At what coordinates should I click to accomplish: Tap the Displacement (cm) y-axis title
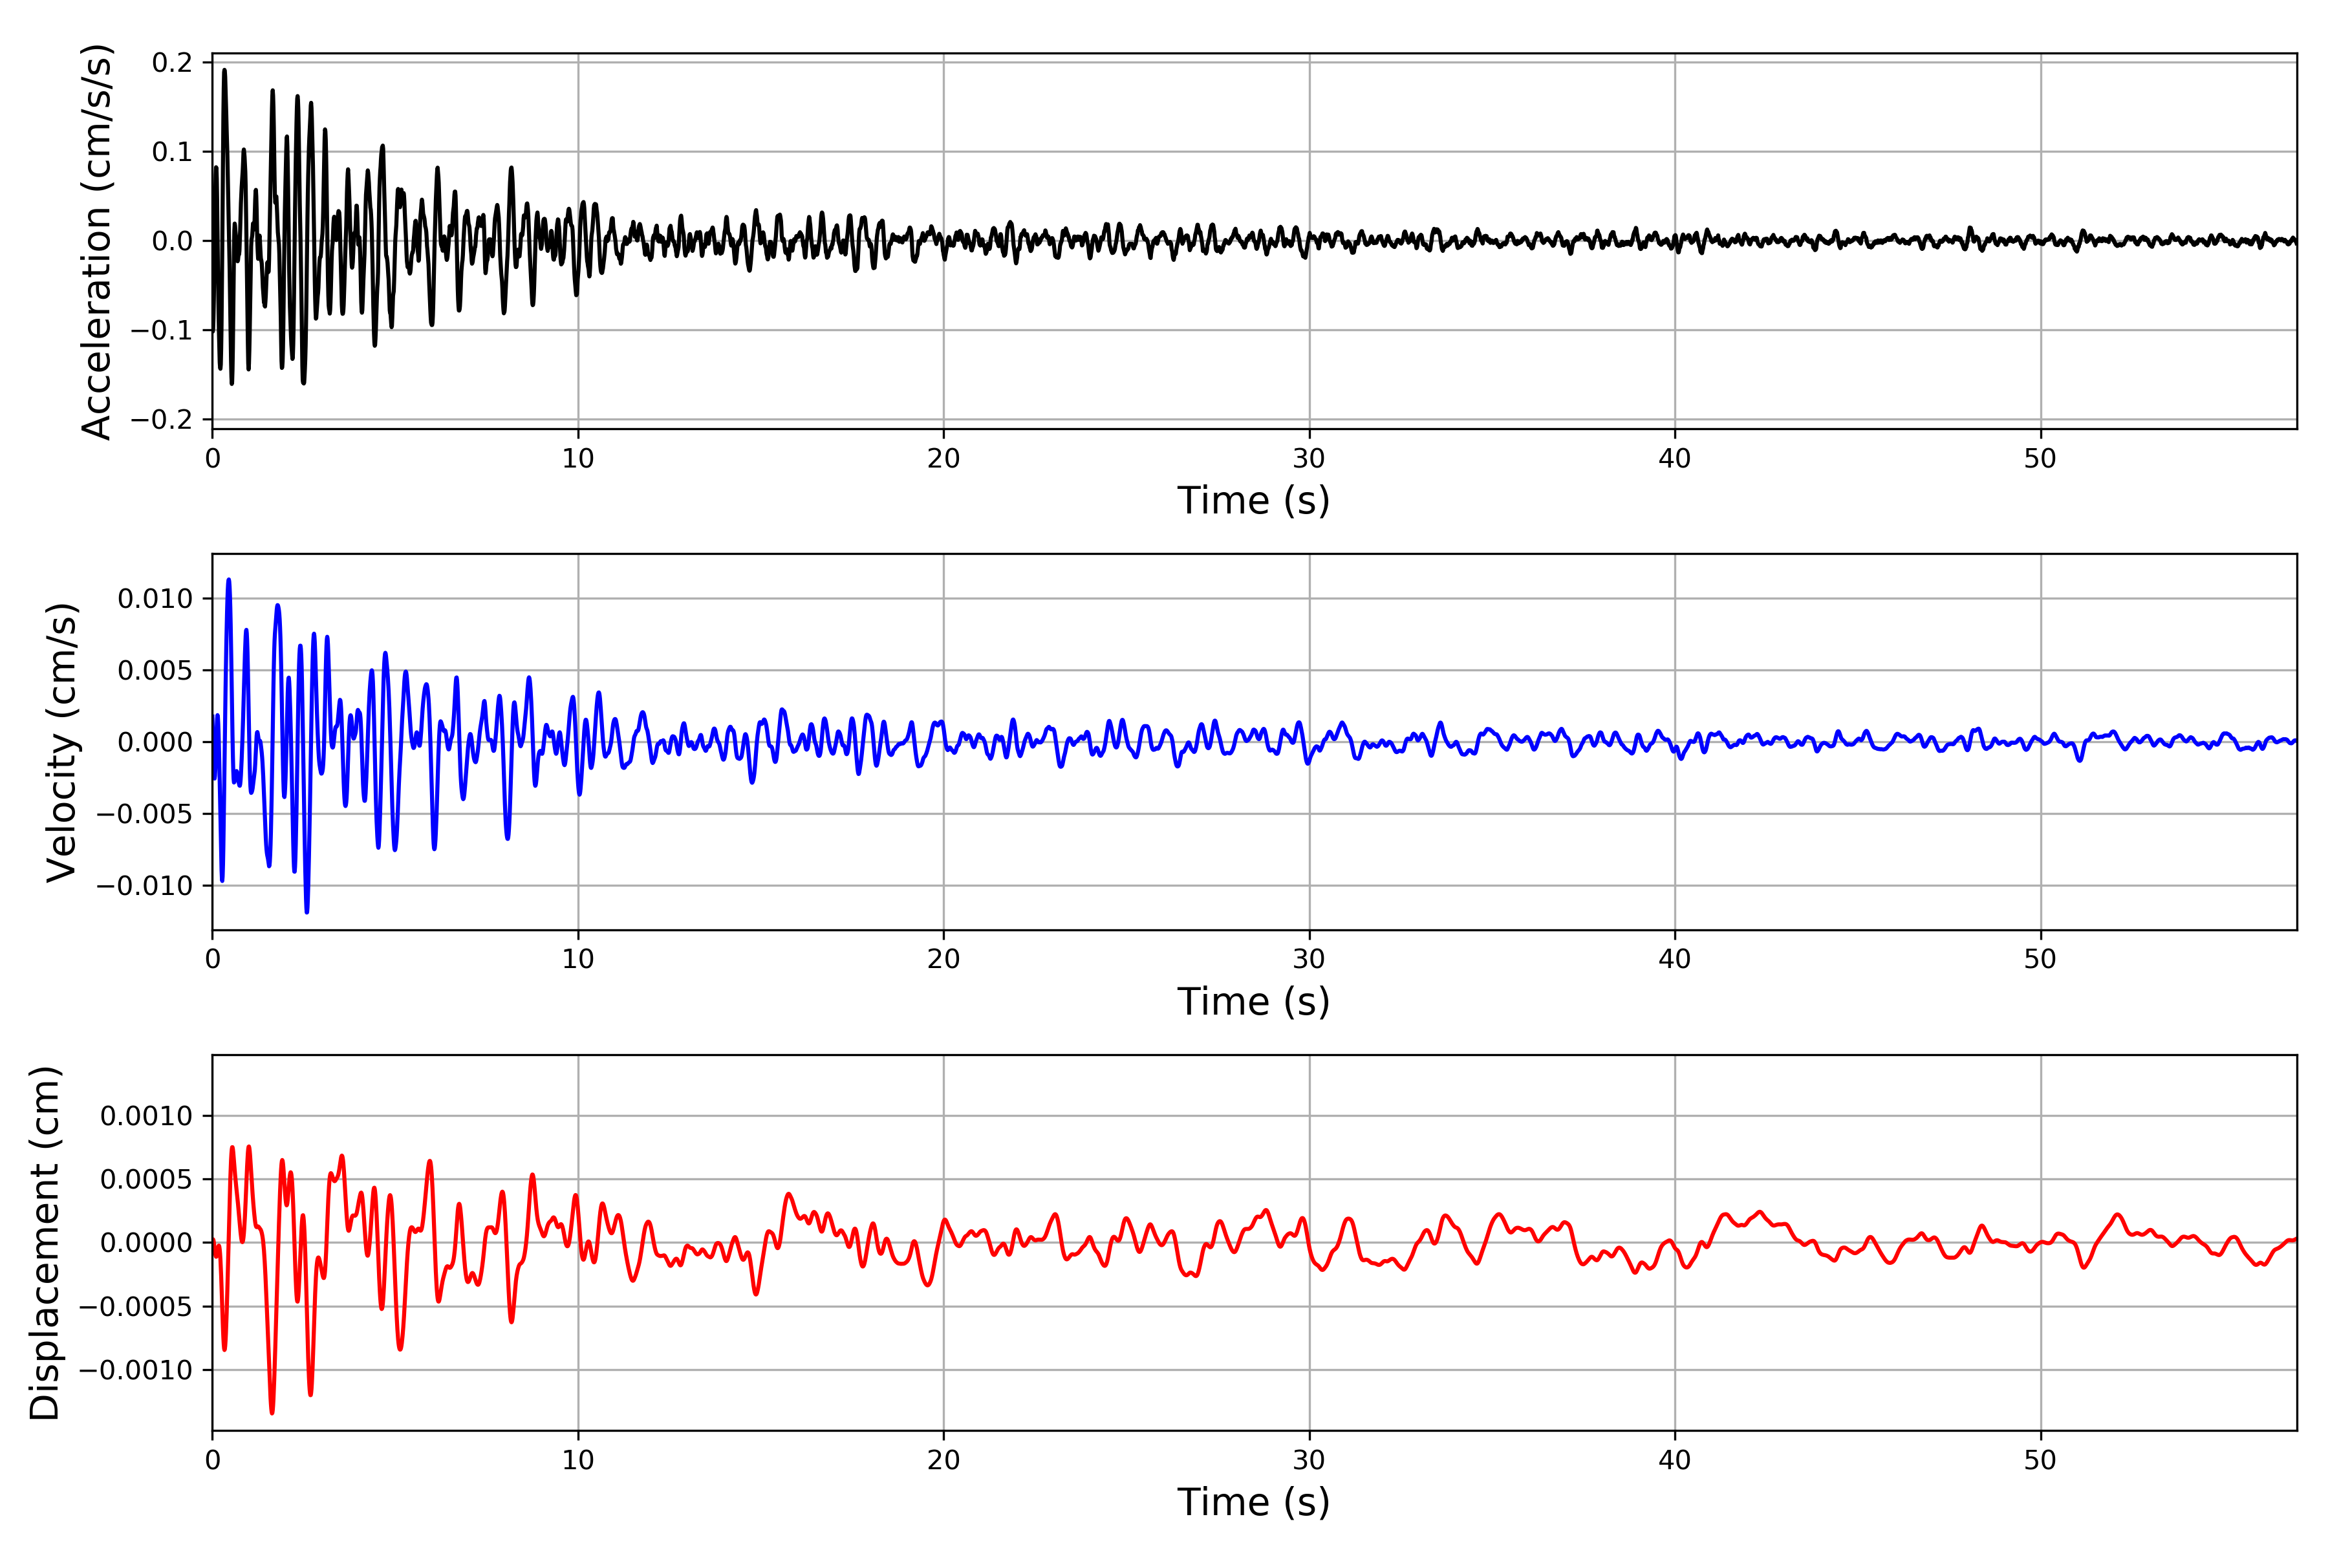[x=45, y=1242]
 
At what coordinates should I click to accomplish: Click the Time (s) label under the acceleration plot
[x=1253, y=501]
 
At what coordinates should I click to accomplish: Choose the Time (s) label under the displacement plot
[x=1253, y=1502]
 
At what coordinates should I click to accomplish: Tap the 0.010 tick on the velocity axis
[x=155, y=599]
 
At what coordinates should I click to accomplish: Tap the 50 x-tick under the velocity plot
[x=2040, y=959]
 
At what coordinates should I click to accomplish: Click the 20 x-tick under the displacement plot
[x=943, y=1460]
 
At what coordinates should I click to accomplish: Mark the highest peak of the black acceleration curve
[x=224, y=70]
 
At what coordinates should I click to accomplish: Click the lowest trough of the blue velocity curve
[x=307, y=912]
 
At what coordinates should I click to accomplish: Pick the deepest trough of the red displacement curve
[x=272, y=1412]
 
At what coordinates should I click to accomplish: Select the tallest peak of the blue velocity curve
[x=229, y=580]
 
